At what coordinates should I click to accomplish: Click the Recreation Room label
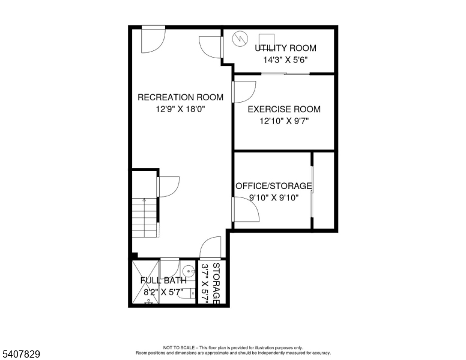[x=180, y=97]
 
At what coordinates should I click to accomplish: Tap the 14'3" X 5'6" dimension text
[x=285, y=60]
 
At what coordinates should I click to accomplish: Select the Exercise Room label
[x=284, y=109]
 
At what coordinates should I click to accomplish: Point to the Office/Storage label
[x=274, y=186]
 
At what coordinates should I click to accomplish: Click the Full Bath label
[x=163, y=280]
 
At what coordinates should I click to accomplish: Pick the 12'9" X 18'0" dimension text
[x=180, y=109]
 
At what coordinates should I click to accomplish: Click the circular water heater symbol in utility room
[x=240, y=38]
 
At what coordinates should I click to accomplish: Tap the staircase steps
[x=144, y=217]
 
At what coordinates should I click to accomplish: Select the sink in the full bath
[x=189, y=271]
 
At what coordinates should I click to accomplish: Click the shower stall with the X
[x=145, y=282]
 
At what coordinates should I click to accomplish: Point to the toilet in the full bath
[x=187, y=294]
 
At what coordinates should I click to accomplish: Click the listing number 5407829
[x=21, y=354]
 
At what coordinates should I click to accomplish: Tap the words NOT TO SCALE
[x=178, y=347]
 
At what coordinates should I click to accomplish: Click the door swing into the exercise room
[x=244, y=92]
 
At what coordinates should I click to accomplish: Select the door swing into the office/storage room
[x=246, y=210]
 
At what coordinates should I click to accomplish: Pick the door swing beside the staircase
[x=168, y=187]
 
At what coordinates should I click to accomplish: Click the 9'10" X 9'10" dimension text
[x=274, y=197]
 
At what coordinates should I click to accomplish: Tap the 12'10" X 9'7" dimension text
[x=284, y=121]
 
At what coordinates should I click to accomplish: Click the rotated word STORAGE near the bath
[x=216, y=283]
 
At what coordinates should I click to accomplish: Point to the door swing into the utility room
[x=211, y=47]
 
